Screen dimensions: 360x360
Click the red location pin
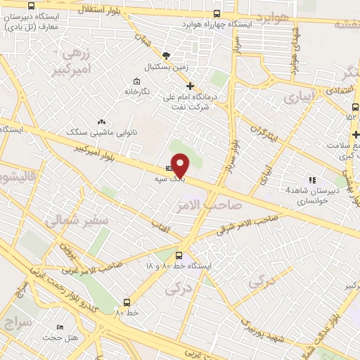coord(181,165)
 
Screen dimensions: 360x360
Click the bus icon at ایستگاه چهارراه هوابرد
coord(217,13)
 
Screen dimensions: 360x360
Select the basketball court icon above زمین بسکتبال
coord(166,56)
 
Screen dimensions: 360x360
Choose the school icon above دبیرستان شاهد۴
coord(311,180)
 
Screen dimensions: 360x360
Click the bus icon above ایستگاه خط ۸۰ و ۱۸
coord(179,256)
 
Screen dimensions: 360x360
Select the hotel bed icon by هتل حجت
coord(60,328)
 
